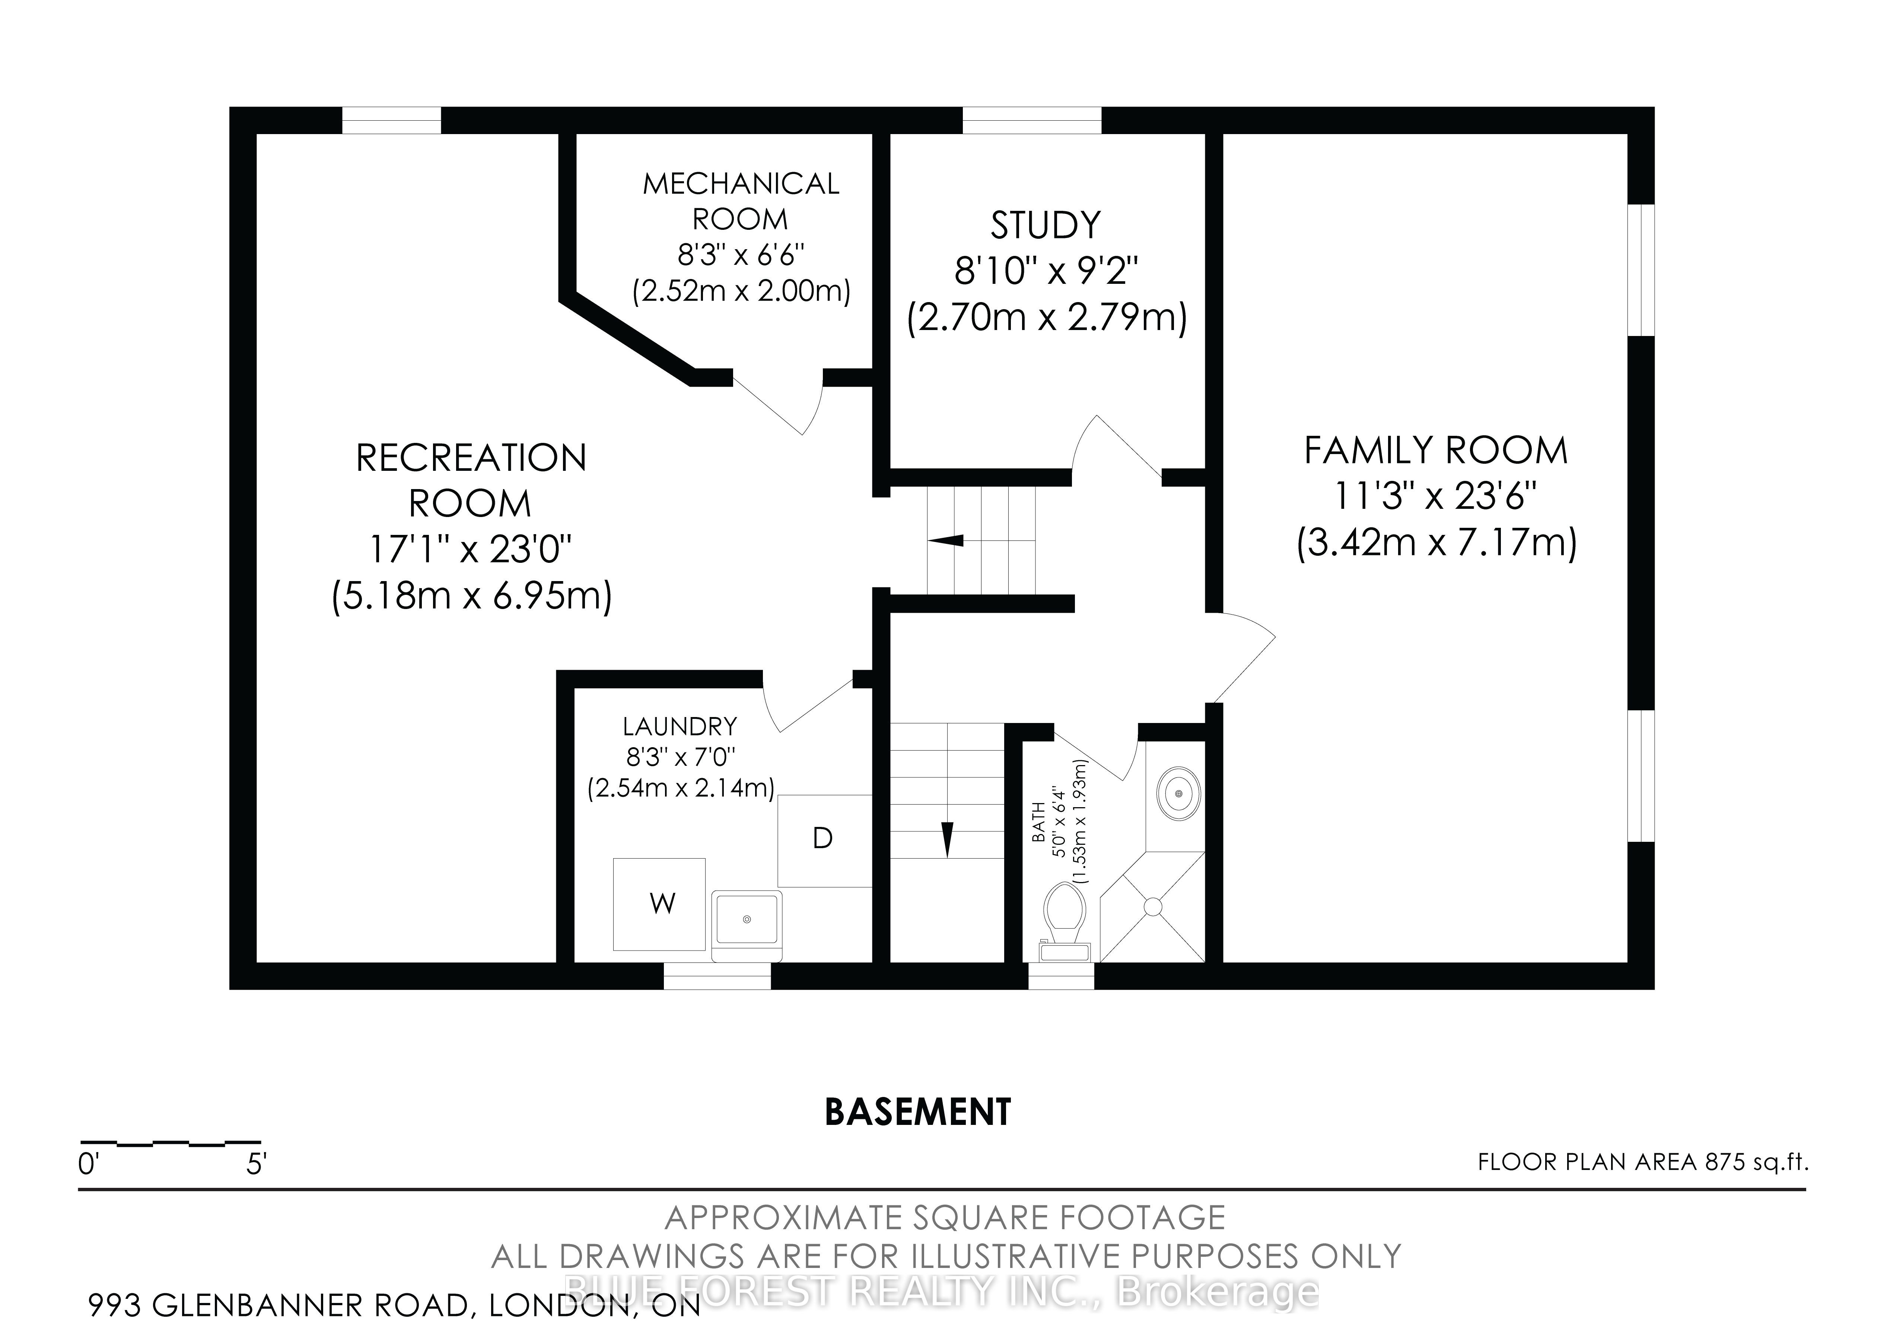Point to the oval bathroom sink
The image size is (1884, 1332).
point(1179,794)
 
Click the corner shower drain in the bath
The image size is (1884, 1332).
point(1153,907)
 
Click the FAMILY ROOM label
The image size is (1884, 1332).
point(1436,451)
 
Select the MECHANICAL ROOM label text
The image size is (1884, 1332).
point(741,201)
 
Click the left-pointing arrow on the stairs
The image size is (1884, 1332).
point(945,540)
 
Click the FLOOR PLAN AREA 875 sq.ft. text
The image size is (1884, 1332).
point(1643,1162)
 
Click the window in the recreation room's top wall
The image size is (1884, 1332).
point(391,120)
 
